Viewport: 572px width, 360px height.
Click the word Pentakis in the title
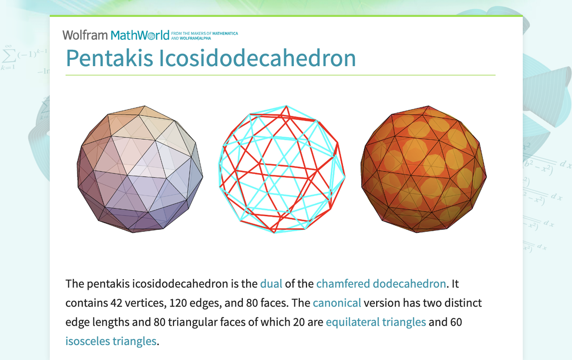pos(109,59)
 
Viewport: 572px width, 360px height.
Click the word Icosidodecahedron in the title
pos(257,59)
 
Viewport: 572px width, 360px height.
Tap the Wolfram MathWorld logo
pos(115,35)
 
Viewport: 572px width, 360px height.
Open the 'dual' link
pos(271,284)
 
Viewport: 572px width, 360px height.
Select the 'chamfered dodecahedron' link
pos(381,284)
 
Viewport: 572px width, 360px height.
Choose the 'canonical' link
pos(337,303)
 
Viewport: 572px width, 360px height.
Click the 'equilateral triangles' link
pos(376,322)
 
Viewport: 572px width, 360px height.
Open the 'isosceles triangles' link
pos(111,341)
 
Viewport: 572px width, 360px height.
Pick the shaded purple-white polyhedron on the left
pos(140,169)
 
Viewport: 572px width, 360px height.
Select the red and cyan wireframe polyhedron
pos(282,169)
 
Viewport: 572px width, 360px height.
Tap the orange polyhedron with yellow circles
pos(423,169)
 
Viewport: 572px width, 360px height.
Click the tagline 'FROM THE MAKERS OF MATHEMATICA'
pos(204,33)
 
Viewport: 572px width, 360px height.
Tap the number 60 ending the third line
pos(456,322)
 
